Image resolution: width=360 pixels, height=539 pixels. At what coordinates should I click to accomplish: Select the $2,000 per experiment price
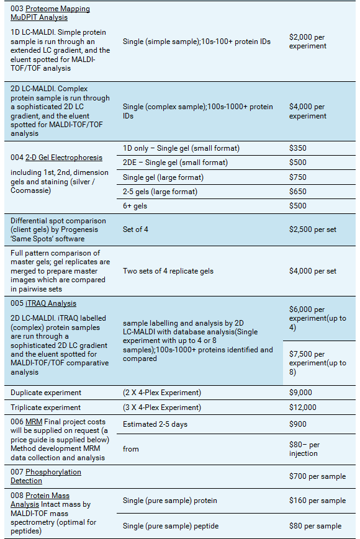pyautogui.click(x=307, y=42)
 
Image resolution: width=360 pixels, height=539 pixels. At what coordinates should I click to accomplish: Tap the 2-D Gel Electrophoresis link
pyautogui.click(x=64, y=158)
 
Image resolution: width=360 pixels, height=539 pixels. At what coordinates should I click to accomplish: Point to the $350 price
pyautogui.click(x=298, y=148)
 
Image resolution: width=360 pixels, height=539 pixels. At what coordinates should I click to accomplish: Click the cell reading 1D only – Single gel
pyautogui.click(x=181, y=148)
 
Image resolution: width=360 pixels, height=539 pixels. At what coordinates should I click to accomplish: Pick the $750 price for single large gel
pyautogui.click(x=298, y=177)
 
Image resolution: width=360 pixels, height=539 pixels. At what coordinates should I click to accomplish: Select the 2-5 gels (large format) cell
pyautogui.click(x=160, y=192)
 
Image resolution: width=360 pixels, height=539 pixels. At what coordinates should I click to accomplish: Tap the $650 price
pyautogui.click(x=298, y=192)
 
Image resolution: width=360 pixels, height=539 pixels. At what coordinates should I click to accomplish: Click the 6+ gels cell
pyautogui.click(x=135, y=206)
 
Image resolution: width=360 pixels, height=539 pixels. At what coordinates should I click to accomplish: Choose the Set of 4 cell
pyautogui.click(x=135, y=229)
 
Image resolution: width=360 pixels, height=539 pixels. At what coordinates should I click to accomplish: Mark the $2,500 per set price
pyautogui.click(x=313, y=229)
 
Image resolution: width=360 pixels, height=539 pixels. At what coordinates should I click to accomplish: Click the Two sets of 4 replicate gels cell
pyautogui.click(x=168, y=271)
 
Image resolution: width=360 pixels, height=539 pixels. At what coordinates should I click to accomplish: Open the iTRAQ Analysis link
pyautogui.click(x=51, y=303)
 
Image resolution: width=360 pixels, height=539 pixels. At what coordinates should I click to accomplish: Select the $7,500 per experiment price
pyautogui.click(x=317, y=363)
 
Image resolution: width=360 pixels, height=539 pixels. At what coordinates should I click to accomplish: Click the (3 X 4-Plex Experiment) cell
pyautogui.click(x=162, y=408)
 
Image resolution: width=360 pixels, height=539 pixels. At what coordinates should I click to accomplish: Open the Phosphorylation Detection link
pyautogui.click(x=46, y=476)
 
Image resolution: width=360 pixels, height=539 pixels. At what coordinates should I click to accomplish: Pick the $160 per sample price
pyautogui.click(x=317, y=501)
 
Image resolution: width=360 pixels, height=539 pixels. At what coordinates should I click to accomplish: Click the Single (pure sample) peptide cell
pyautogui.click(x=171, y=526)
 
